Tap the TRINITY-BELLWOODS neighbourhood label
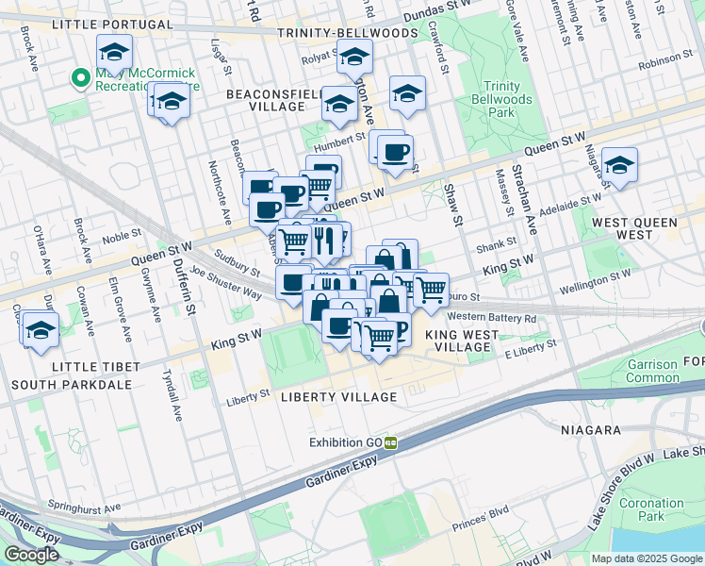[x=347, y=33]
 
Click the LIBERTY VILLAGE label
[x=338, y=397]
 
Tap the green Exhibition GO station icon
[x=389, y=442]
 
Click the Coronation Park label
[x=651, y=509]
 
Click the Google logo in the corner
[x=31, y=555]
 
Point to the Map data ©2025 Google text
[x=646, y=558]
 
